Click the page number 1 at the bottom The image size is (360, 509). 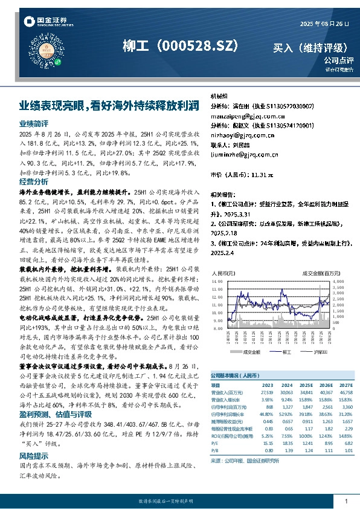click(x=346, y=501)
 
